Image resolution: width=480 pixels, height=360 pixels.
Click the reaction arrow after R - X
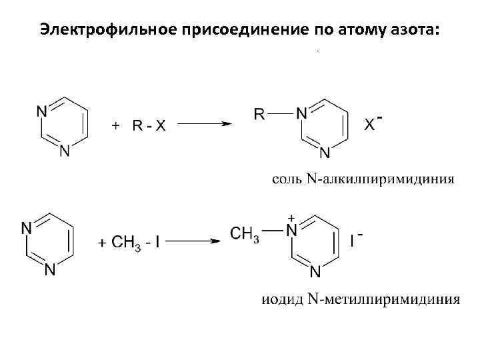(x=205, y=123)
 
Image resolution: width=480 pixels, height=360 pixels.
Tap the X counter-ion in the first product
(x=368, y=124)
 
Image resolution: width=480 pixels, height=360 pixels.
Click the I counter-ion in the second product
(x=353, y=241)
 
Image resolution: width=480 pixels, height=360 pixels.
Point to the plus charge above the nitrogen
(x=291, y=218)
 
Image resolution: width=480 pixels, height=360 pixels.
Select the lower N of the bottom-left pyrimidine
(x=50, y=271)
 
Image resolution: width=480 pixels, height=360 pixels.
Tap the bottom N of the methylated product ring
(x=316, y=271)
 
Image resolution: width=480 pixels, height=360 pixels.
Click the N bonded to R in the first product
(x=301, y=113)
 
